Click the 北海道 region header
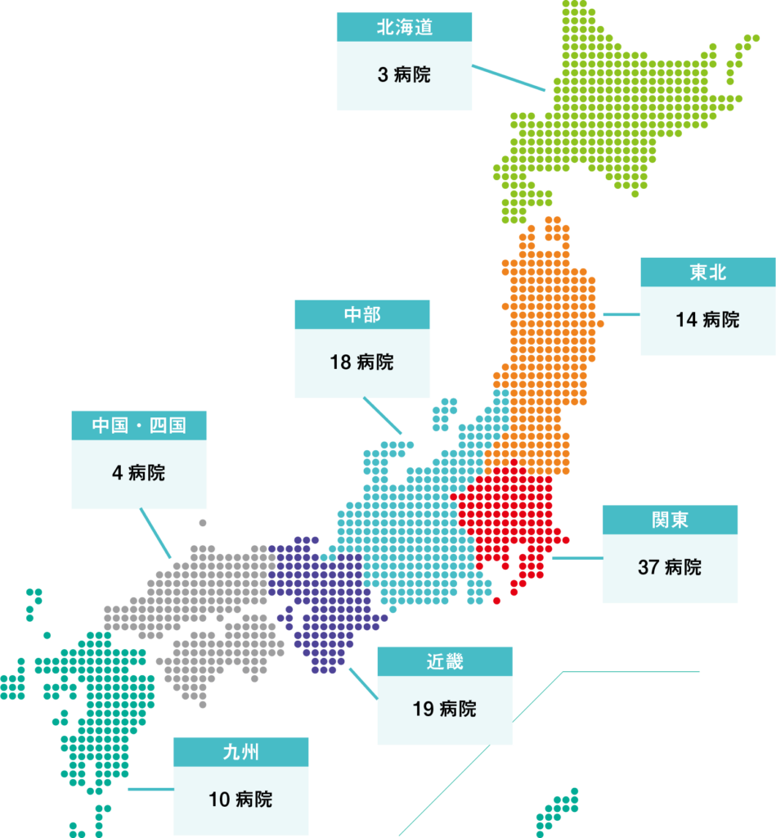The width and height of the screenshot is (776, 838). click(404, 27)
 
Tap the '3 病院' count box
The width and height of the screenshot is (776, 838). click(404, 75)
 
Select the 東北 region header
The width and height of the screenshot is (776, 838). click(707, 272)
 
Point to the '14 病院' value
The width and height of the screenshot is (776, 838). click(707, 320)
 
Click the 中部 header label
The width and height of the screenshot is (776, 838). click(362, 314)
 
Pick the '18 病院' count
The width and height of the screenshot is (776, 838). click(362, 363)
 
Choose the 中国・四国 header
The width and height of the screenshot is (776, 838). click(139, 425)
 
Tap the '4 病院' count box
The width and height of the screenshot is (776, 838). click(139, 474)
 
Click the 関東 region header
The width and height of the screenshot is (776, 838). click(670, 520)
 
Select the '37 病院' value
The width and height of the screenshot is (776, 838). click(670, 568)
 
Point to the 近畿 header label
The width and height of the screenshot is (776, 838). click(445, 661)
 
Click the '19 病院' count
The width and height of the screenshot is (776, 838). click(445, 710)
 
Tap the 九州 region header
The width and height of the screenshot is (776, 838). click(240, 751)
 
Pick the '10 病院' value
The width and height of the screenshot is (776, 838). click(240, 800)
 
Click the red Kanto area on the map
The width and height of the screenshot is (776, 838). click(507, 516)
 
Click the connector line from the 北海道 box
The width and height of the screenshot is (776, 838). click(509, 79)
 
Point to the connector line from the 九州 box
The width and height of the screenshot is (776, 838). click(150, 790)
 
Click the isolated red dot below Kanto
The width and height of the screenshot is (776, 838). click(496, 601)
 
